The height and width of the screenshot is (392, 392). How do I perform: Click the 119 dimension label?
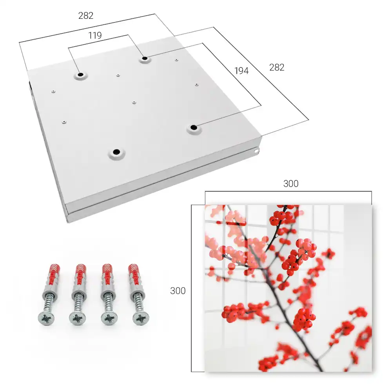pyautogui.click(x=95, y=36)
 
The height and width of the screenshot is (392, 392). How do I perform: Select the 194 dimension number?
pyautogui.click(x=241, y=71)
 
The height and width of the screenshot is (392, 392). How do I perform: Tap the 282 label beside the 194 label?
pyautogui.click(x=277, y=67)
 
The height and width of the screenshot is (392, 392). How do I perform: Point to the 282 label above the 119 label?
pyautogui.click(x=86, y=16)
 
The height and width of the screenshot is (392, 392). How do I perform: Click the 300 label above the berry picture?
pyautogui.click(x=291, y=183)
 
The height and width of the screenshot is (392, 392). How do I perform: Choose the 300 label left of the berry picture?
pyautogui.click(x=178, y=291)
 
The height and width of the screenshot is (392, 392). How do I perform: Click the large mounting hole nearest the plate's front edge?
pyautogui.click(x=116, y=152)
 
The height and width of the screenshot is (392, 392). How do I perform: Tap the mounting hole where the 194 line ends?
pyautogui.click(x=194, y=127)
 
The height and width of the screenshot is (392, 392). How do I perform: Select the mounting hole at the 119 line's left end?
pyautogui.click(x=80, y=74)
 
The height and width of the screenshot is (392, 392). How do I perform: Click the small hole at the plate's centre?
pyautogui.click(x=134, y=102)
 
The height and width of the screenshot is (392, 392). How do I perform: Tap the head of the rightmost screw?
pyautogui.click(x=141, y=318)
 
